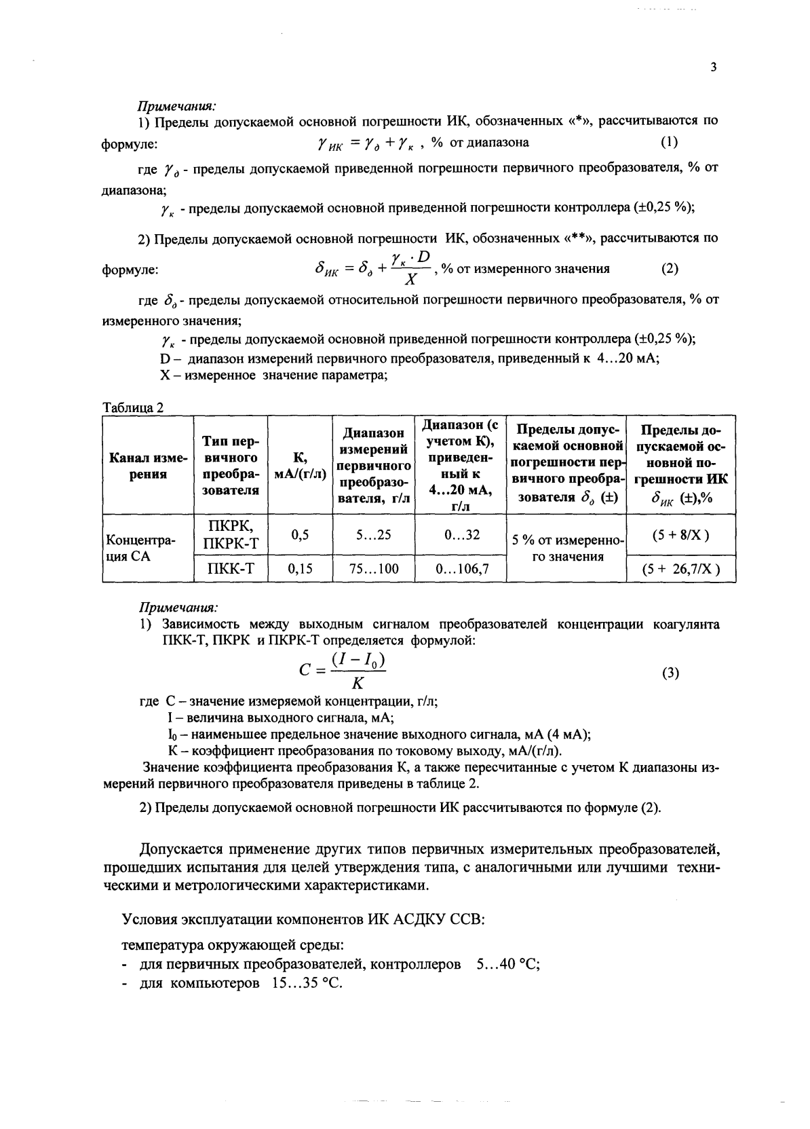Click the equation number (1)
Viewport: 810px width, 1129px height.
pos(669,142)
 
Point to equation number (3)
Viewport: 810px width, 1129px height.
pos(670,673)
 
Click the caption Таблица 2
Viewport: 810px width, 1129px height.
pos(132,407)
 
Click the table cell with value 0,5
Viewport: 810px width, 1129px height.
pos(300,535)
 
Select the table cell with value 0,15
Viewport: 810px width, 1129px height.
pos(300,569)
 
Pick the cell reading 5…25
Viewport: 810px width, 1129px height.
pos(373,535)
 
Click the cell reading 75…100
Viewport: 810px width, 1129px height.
pos(373,569)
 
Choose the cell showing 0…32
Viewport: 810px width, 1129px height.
pos(461,535)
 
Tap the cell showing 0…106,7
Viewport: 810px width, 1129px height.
pos(461,569)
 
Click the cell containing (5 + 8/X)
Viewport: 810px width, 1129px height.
pos(680,535)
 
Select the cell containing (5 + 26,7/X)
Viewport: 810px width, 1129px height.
pos(680,570)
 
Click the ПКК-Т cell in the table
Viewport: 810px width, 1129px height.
pos(231,569)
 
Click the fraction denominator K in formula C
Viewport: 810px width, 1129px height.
pos(358,684)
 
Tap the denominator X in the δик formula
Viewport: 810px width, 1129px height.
pos(410,279)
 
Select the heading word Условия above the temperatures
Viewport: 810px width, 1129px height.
pos(150,920)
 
